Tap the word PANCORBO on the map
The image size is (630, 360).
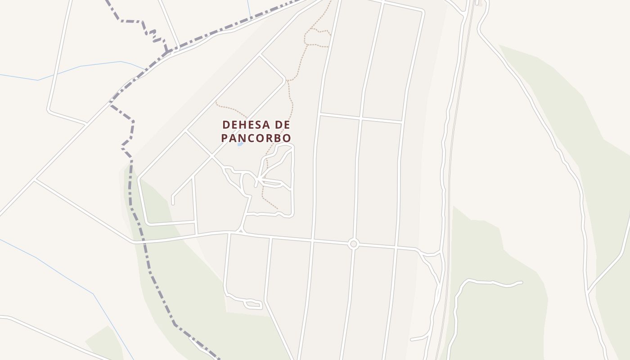256,138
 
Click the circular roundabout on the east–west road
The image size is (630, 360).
353,244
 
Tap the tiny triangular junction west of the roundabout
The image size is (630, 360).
241,231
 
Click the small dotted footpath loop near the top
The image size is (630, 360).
318,37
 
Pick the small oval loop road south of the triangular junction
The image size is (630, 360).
253,304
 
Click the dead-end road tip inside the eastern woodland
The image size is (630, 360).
521,283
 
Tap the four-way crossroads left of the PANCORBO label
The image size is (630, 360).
211,156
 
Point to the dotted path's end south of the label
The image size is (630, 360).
277,209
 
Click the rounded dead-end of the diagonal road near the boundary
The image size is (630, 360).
173,203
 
